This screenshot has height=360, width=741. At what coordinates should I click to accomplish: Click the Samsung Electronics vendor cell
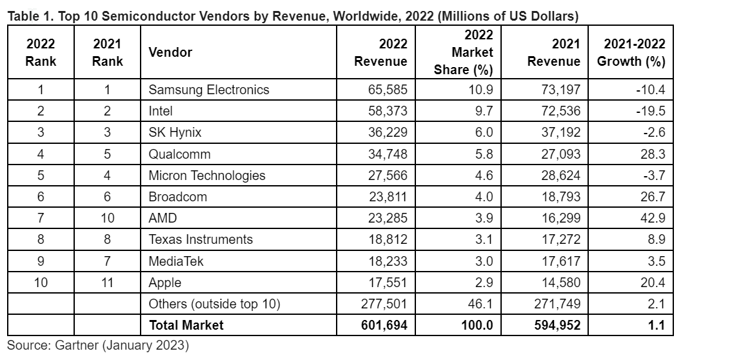(x=209, y=90)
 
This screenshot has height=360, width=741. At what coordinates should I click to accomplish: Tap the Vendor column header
(x=170, y=52)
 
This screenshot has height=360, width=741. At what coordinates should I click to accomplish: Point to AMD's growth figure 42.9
(x=652, y=218)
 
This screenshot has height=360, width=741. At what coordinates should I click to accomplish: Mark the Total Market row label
(x=186, y=325)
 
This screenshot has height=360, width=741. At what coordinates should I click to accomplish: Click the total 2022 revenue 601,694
(x=384, y=325)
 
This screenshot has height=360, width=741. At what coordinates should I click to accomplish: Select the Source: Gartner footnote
(x=98, y=346)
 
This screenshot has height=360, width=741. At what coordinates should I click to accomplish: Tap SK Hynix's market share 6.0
(x=482, y=132)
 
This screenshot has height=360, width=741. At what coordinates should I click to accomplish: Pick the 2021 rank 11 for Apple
(x=107, y=283)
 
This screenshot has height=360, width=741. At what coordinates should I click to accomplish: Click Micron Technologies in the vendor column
(x=207, y=175)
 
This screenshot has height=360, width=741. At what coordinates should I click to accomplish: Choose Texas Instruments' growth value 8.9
(x=655, y=239)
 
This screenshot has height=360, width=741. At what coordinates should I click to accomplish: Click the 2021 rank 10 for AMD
(x=107, y=218)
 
